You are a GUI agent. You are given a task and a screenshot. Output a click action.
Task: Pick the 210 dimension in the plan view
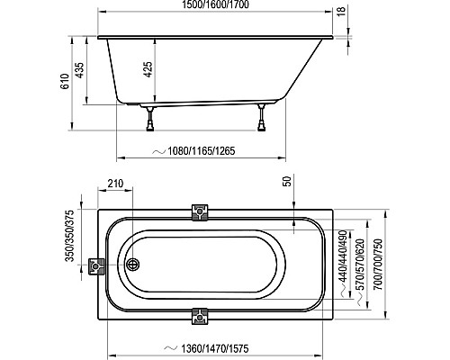[114, 185]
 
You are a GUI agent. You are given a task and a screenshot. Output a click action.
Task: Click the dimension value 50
[287, 183]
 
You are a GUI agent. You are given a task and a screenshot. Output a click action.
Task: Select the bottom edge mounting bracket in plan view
[200, 316]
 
